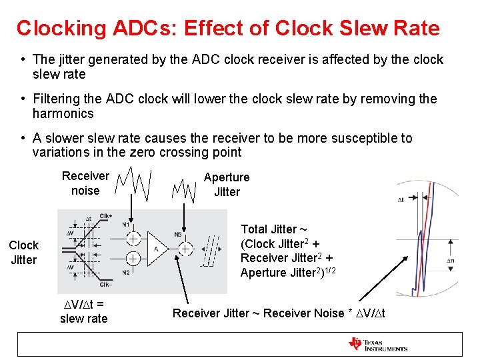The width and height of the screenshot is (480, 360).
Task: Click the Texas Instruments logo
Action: (377, 344)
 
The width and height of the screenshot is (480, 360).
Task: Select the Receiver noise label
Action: (85, 183)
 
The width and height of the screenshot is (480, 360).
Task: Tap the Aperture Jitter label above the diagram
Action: (227, 185)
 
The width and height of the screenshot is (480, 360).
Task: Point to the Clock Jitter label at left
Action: (23, 253)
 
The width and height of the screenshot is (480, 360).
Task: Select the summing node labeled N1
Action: (133, 238)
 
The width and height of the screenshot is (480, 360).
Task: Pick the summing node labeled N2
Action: (133, 259)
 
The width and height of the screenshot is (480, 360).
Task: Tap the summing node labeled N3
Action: (185, 249)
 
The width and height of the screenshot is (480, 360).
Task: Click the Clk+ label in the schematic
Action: (105, 216)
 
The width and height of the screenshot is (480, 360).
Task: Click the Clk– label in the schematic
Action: (105, 285)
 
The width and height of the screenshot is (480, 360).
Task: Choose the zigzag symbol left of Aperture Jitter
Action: (183, 190)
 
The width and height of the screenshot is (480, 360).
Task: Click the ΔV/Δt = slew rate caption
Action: (83, 311)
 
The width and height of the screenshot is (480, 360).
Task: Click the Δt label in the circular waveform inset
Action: (402, 199)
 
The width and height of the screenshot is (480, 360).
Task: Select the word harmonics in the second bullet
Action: (63, 113)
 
